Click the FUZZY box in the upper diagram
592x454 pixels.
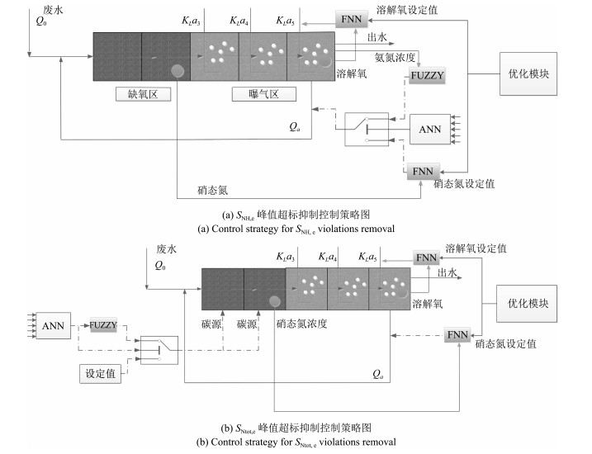click(427, 75)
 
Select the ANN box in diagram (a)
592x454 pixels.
click(430, 130)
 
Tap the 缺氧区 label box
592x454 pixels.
click(143, 94)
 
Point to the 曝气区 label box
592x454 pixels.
click(264, 94)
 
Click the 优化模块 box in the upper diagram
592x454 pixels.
click(528, 74)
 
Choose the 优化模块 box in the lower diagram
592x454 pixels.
click(527, 304)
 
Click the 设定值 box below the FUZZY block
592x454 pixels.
click(100, 374)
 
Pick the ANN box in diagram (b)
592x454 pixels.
click(53, 326)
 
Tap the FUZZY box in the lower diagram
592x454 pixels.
click(103, 325)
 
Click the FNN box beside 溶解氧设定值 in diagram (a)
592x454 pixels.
click(352, 19)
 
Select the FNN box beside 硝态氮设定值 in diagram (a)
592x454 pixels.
click(423, 172)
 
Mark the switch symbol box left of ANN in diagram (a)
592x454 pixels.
click(367, 129)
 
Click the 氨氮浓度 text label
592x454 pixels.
click(395, 57)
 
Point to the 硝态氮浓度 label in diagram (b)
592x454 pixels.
click(301, 324)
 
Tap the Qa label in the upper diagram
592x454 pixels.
click(295, 127)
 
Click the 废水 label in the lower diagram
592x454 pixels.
click(167, 249)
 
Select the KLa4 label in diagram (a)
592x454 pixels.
click(239, 21)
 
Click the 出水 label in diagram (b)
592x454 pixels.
click(448, 272)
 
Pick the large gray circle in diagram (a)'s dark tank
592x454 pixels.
click(178, 71)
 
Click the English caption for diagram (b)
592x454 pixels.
click(296, 442)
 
